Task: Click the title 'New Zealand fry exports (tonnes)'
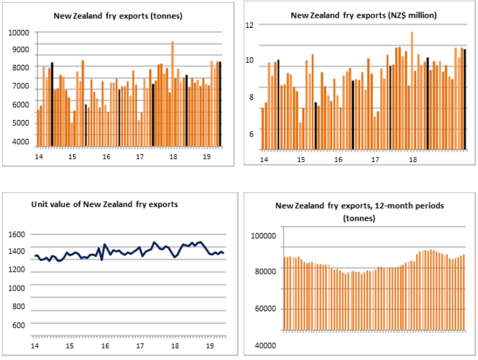point(118,16)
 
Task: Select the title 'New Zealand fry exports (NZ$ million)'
point(364,15)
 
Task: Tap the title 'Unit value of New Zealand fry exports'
point(105,204)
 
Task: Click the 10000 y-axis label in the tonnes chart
point(18,32)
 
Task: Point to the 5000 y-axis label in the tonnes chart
point(20,123)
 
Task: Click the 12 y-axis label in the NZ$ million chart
point(249,25)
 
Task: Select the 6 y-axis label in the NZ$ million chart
point(251,134)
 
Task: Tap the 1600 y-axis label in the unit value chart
point(17,234)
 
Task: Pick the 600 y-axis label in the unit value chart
point(18,325)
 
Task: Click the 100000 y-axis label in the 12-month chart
point(263,236)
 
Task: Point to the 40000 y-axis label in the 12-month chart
point(265,345)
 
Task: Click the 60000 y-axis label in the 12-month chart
point(265,309)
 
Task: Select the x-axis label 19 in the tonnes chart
point(207,157)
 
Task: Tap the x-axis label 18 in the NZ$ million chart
point(413,160)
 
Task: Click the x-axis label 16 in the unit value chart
point(105,346)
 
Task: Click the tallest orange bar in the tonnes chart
point(173,94)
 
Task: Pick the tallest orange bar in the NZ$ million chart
point(412,91)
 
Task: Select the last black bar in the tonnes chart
point(220,104)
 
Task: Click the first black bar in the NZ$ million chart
point(278,105)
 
